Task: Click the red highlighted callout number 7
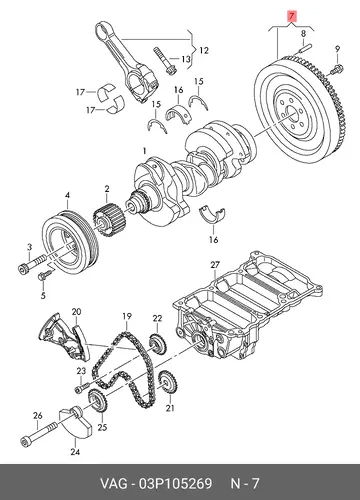point(292,16)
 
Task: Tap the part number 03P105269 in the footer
point(175,483)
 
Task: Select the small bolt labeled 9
point(337,69)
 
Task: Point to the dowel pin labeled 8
point(303,49)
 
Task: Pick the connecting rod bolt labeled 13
point(165,61)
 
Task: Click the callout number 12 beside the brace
point(204,51)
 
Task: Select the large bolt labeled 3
point(32,264)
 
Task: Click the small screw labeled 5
point(46,274)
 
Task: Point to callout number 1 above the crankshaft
point(144,151)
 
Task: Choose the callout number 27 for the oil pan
point(215,265)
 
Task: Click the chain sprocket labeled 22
point(158,344)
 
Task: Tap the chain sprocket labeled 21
point(168,382)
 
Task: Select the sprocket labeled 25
point(97,400)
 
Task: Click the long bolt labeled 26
point(39,433)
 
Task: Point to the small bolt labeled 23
point(82,387)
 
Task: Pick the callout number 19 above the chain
point(127,316)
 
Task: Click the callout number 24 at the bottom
point(75,452)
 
